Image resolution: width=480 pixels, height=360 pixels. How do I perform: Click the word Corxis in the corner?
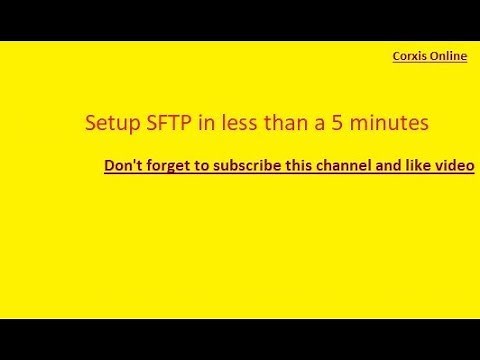pos(410,57)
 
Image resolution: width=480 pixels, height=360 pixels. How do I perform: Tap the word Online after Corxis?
pos(448,57)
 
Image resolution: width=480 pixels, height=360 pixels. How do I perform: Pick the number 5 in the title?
pos(318,123)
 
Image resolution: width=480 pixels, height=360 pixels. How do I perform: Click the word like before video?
pos(413,165)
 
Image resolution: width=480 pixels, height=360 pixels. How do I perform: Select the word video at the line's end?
pos(453,165)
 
